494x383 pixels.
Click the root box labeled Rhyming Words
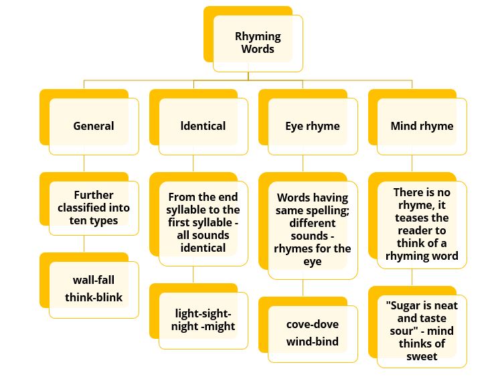point(258,43)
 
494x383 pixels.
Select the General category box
point(94,126)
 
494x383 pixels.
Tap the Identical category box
point(203,126)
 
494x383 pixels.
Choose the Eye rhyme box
point(312,126)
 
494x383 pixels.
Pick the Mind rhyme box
point(422,126)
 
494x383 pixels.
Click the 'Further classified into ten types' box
point(94,208)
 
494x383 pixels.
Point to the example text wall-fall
point(94,280)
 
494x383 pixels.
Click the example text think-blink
point(94,297)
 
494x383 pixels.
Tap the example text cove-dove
point(312,324)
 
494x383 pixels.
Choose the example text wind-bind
point(312,341)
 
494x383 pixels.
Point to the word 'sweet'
point(422,356)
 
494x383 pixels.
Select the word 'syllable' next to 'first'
point(209,222)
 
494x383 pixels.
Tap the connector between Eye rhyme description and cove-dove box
point(303,287)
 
